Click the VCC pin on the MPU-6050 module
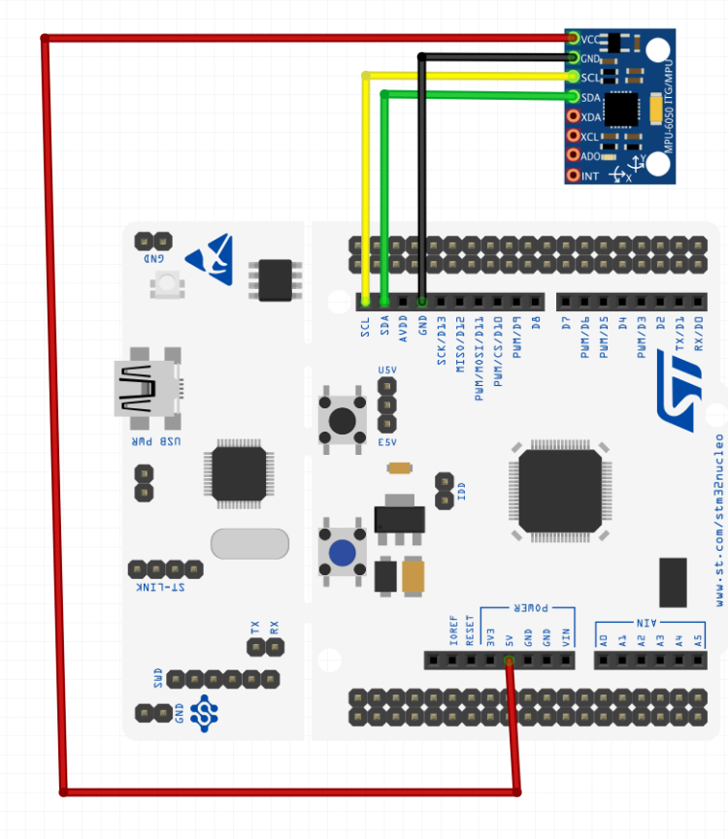pos(575,39)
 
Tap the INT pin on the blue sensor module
pos(575,176)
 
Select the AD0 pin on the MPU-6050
pos(575,155)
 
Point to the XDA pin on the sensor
pos(575,116)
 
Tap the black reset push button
pos(342,420)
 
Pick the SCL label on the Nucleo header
pos(366,327)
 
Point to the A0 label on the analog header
pos(603,639)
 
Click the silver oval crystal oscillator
pos(249,544)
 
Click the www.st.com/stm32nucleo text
pos(719,514)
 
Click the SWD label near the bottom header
pos(158,678)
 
